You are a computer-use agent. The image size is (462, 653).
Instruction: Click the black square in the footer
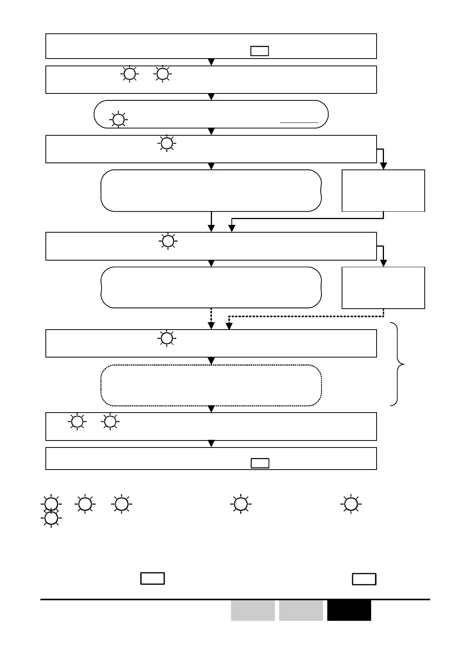[349, 610]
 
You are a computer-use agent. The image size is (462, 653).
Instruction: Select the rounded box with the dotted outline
[211, 385]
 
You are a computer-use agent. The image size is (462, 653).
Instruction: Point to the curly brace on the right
[397, 364]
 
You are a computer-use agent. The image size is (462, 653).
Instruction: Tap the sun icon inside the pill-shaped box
[118, 119]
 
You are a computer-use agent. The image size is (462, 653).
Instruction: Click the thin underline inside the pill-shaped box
[299, 123]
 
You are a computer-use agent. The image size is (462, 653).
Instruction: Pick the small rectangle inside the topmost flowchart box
[260, 51]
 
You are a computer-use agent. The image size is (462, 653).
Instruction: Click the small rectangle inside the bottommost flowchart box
[260, 463]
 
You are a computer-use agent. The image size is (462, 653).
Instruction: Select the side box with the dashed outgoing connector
[383, 288]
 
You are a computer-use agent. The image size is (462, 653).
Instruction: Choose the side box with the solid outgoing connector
[383, 190]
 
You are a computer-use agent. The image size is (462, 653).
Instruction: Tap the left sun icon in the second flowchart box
[130, 74]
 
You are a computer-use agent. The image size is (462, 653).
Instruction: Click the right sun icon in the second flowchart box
[163, 74]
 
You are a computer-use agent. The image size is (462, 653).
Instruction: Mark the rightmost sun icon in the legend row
[351, 504]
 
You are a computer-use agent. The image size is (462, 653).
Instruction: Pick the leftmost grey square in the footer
[253, 610]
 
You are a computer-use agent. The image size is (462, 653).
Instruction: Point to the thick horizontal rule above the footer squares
[235, 599]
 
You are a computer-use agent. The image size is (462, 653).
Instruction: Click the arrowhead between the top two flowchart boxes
[211, 62]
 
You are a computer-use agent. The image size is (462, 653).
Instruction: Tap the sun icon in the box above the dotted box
[167, 338]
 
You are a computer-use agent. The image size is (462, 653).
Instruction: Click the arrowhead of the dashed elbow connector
[229, 326]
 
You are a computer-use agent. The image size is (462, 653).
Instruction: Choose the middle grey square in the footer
[301, 610]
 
